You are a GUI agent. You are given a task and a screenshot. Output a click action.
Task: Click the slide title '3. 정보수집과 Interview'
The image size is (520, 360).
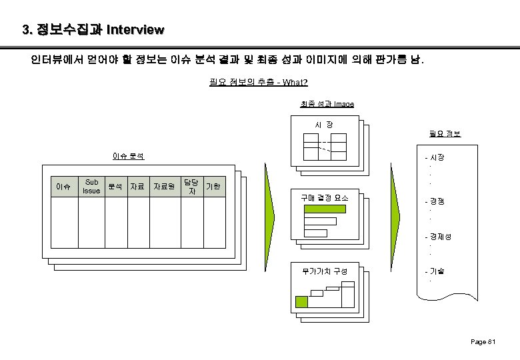(93, 30)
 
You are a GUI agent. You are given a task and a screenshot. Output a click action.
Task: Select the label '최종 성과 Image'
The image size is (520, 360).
(327, 104)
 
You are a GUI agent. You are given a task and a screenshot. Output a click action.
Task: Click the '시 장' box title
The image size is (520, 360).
(325, 125)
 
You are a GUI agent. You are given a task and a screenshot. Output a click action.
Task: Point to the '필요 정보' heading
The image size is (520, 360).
(445, 134)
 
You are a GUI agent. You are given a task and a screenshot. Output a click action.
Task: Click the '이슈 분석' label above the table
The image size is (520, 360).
(129, 157)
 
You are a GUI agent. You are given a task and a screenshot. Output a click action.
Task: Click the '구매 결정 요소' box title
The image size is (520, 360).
(324, 197)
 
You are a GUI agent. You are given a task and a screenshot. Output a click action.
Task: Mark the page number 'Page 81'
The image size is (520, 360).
(483, 342)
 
